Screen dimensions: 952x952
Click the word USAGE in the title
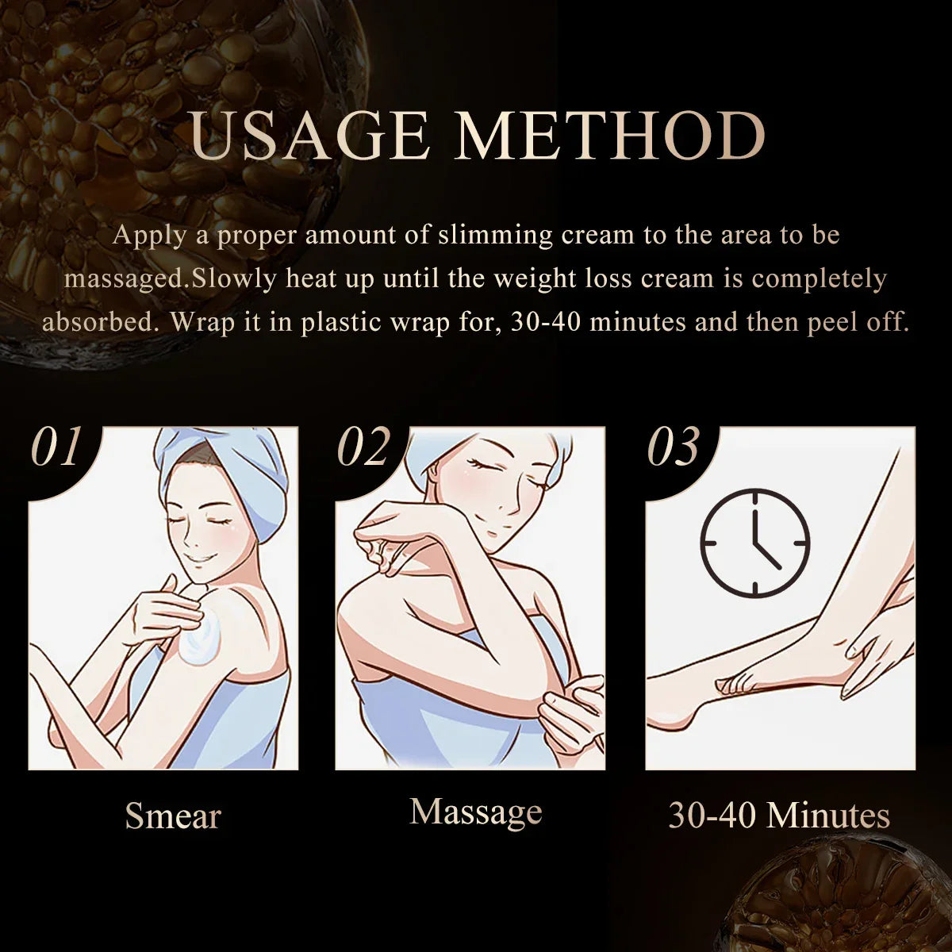click(309, 136)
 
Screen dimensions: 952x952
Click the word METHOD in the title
click(609, 136)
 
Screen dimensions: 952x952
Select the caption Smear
click(173, 816)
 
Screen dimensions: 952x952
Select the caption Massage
click(476, 811)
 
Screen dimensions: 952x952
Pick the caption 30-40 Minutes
click(779, 816)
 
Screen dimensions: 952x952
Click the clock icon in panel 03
click(754, 543)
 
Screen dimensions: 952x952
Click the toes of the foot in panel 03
click(734, 682)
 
